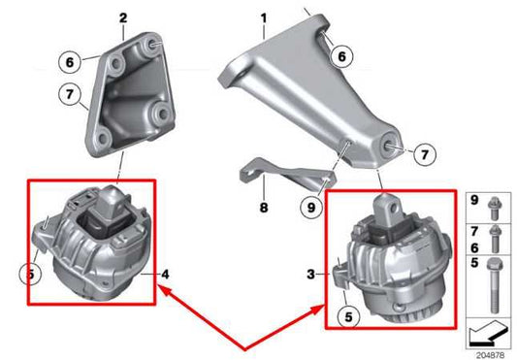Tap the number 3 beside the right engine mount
pyautogui.click(x=310, y=275)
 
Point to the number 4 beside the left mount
pyautogui.click(x=166, y=275)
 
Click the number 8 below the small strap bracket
pyautogui.click(x=262, y=207)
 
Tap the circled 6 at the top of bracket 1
pyautogui.click(x=340, y=57)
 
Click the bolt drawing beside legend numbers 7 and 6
pyautogui.click(x=496, y=239)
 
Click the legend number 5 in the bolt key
pyautogui.click(x=474, y=262)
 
